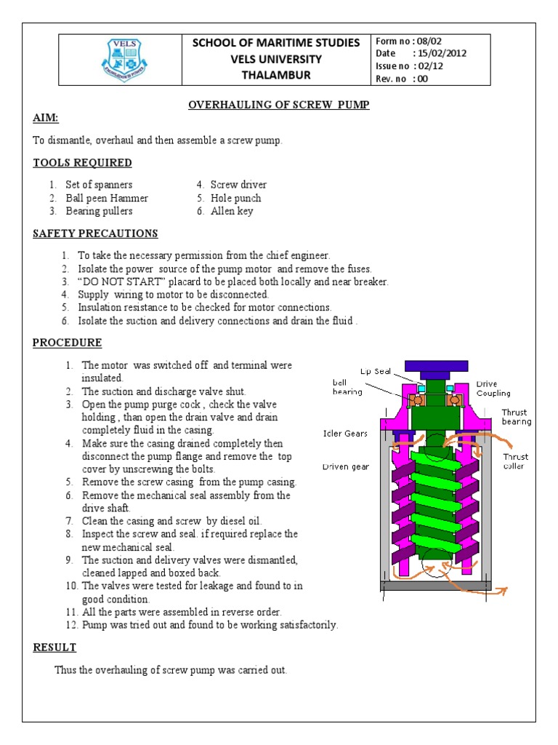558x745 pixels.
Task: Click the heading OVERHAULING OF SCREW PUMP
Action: pos(279,105)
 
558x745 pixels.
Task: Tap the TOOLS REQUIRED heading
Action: pos(82,162)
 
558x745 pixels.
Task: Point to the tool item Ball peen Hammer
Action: pos(107,198)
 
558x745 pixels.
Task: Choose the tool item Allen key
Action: pos(232,211)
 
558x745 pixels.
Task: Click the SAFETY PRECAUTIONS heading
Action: pos(95,234)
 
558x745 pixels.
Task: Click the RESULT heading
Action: pos(54,647)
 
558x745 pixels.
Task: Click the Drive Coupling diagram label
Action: pos(493,388)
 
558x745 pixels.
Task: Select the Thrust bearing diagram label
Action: pos(516,417)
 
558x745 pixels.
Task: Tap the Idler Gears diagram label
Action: pos(345,434)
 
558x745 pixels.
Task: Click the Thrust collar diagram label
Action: pos(516,461)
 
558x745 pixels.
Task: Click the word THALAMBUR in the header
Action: pos(275,75)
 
